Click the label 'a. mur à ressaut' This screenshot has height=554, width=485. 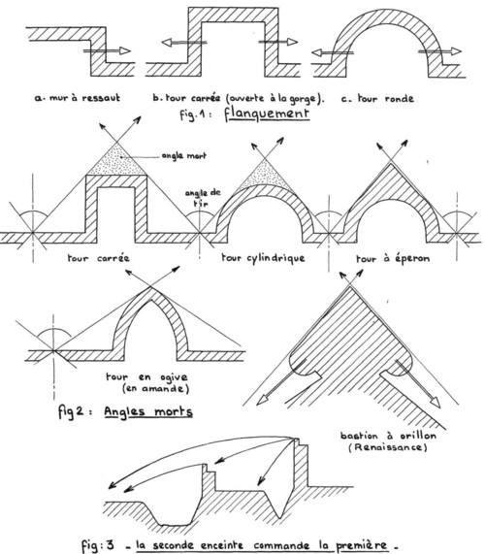click(x=78, y=98)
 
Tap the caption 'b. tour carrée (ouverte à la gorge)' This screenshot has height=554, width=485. click(x=238, y=98)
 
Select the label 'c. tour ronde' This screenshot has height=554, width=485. click(x=377, y=98)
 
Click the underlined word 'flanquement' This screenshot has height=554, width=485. click(x=267, y=114)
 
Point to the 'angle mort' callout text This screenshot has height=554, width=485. click(x=184, y=155)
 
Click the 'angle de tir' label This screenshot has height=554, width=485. click(x=203, y=198)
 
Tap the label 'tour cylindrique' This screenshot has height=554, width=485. click(x=263, y=257)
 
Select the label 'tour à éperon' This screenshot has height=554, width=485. click(x=393, y=259)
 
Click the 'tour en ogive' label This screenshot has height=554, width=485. click(x=146, y=377)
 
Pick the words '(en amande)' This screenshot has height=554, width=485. click(x=155, y=389)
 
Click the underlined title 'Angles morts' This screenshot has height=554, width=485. click(x=148, y=411)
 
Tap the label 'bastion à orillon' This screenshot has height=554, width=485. click(x=388, y=436)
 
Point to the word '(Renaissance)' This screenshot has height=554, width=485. click(x=388, y=447)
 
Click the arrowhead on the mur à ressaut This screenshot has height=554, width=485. click(x=125, y=50)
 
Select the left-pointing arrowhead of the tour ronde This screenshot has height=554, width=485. click(x=317, y=53)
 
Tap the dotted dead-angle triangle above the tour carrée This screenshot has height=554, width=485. click(x=116, y=163)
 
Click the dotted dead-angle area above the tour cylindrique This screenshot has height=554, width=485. click(x=264, y=175)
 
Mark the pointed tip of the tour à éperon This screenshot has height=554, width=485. click(x=390, y=163)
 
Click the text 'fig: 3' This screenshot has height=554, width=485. click(x=98, y=546)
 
